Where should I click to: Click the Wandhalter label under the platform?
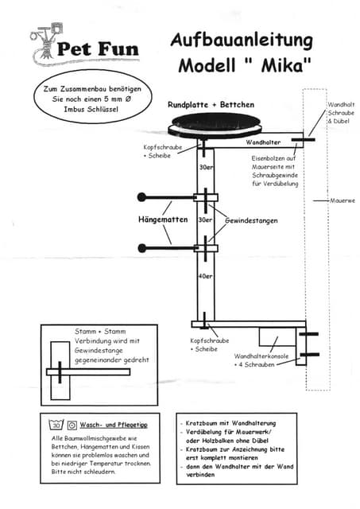click(x=263, y=142)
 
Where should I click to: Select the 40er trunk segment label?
click(x=205, y=276)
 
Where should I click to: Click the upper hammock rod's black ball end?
click(x=141, y=196)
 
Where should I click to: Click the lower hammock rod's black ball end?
click(x=141, y=248)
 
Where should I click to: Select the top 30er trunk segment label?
click(x=205, y=168)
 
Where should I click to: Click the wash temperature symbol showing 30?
click(x=56, y=425)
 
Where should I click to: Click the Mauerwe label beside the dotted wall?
click(x=343, y=200)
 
